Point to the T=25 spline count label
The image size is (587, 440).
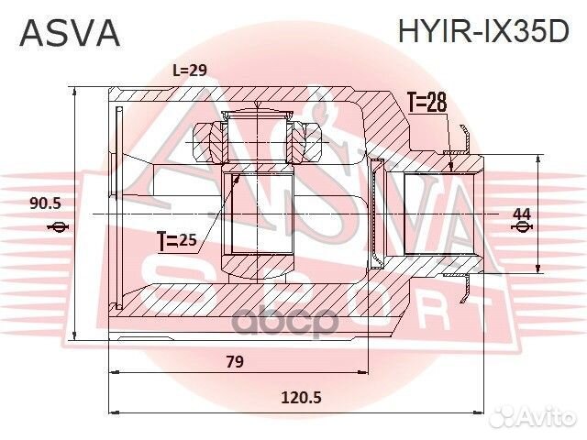pyautogui.click(x=177, y=242)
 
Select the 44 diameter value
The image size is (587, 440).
pyautogui.click(x=521, y=214)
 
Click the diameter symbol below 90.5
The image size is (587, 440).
pyautogui.click(x=57, y=226)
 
